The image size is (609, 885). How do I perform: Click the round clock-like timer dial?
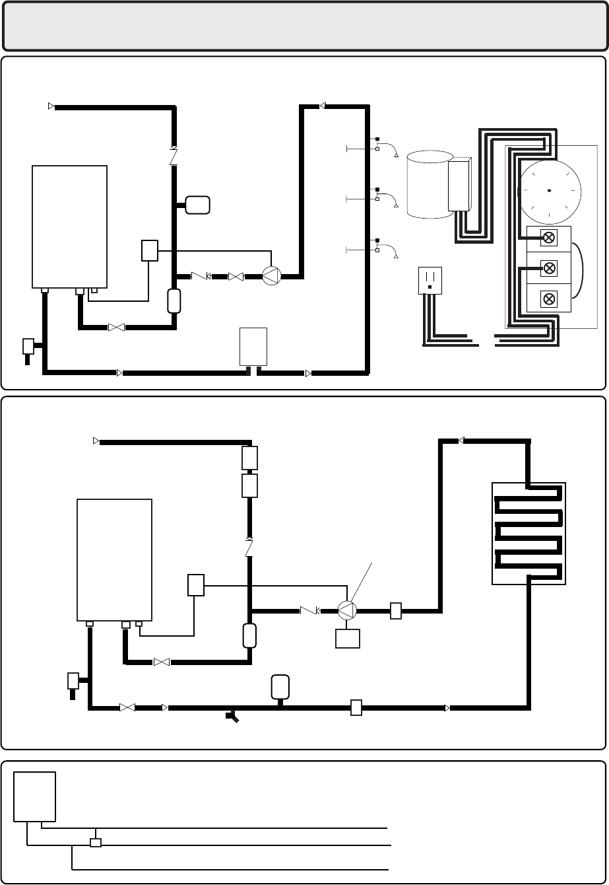[x=550, y=191]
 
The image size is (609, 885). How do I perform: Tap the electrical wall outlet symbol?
[x=430, y=280]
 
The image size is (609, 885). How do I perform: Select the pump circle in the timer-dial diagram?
[x=271, y=275]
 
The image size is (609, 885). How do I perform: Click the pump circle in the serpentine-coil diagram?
[x=347, y=611]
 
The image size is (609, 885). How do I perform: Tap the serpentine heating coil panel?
[x=529, y=534]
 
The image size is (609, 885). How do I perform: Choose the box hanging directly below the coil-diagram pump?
[x=347, y=639]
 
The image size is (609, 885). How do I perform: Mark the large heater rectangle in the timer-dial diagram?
[x=70, y=227]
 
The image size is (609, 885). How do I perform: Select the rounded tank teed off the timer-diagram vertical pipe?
[x=198, y=205]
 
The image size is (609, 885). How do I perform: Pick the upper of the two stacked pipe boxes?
[x=249, y=457]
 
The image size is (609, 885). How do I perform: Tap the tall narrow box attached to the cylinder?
[x=459, y=184]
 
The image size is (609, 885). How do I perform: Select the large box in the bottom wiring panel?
[x=35, y=795]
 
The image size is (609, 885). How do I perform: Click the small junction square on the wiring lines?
[x=96, y=843]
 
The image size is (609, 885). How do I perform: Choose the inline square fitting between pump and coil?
[x=395, y=611]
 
